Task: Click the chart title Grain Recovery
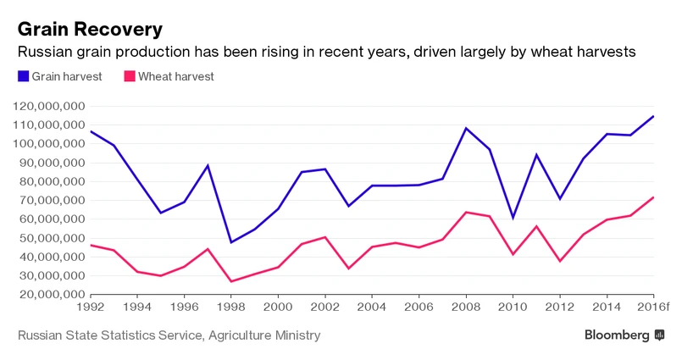90,29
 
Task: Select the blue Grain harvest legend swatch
23,76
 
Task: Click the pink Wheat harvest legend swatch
129,76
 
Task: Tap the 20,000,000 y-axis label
53,294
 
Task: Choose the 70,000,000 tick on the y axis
53,200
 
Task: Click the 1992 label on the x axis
91,307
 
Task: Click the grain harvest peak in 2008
466,128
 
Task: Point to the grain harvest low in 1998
231,242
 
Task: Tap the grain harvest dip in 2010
513,218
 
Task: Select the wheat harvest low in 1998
231,281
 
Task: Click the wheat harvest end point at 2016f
653,197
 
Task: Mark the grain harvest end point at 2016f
653,116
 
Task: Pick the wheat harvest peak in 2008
466,212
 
